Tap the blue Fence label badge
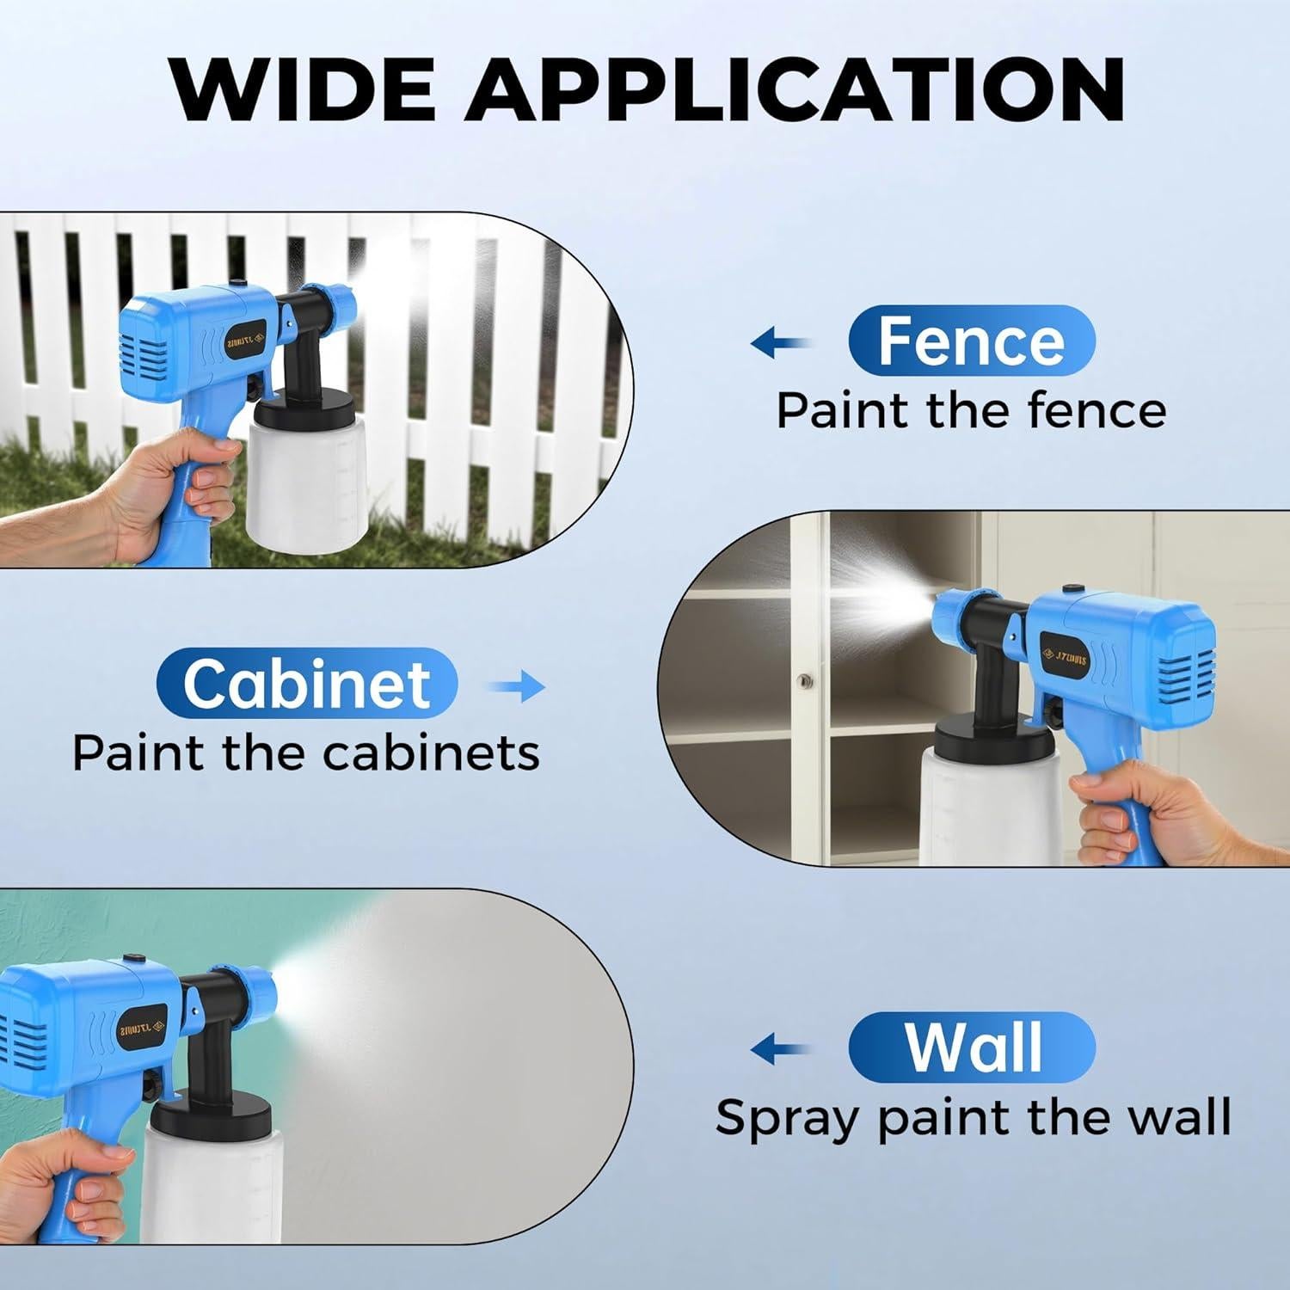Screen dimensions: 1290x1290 971,341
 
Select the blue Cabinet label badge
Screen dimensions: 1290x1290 307,684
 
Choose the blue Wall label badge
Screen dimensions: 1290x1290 971,1047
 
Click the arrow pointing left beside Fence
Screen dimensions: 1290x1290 779,344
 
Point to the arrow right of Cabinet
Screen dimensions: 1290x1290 517,686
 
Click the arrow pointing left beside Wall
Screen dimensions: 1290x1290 779,1049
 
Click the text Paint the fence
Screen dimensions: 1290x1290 971,410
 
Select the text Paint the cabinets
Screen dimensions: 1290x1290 305,753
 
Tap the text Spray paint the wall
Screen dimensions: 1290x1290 973,1117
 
